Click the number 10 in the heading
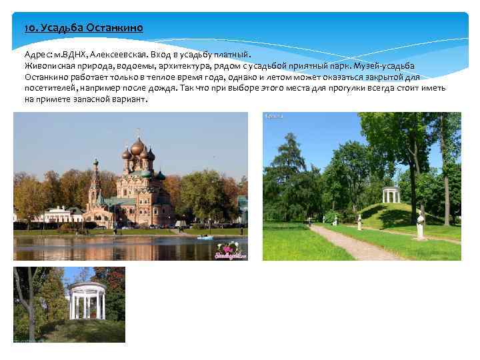29,29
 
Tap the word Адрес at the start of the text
38,55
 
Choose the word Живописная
49,65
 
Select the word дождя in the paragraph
157,87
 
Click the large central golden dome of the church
137,147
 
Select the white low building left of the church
56,215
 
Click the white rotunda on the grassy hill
390,196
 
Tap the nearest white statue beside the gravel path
420,225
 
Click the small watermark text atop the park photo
275,116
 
